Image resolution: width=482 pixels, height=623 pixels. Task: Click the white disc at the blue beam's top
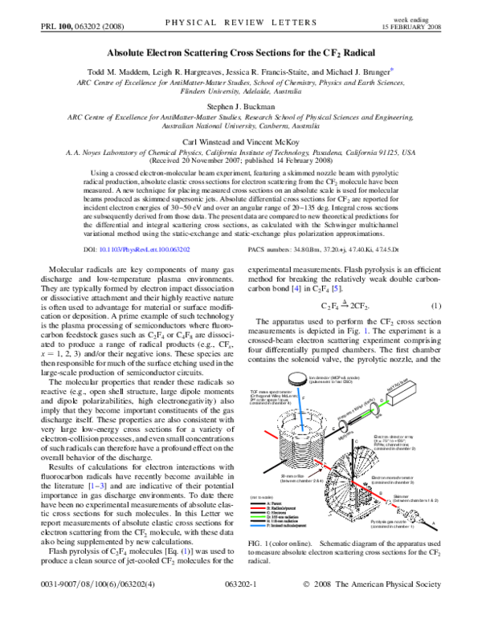[297, 377]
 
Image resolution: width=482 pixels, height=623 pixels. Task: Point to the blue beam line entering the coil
[300, 405]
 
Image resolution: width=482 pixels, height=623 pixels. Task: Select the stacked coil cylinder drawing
[302, 440]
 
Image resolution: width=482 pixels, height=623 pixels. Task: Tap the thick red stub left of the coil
[269, 434]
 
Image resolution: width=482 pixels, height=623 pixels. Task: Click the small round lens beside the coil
[343, 426]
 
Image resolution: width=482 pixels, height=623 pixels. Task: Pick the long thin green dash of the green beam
[366, 413]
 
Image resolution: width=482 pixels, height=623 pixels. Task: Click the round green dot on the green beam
[374, 409]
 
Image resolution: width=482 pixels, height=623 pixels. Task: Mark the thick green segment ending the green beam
[384, 403]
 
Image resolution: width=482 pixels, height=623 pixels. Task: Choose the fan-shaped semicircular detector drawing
[352, 485]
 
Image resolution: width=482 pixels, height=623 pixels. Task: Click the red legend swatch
[258, 507]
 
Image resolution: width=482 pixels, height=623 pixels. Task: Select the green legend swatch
[258, 516]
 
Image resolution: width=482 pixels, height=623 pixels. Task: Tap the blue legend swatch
[258, 526]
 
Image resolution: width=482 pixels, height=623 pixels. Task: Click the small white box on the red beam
[389, 503]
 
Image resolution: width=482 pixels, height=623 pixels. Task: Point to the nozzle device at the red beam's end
[411, 515]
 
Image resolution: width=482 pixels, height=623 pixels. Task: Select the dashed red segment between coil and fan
[316, 473]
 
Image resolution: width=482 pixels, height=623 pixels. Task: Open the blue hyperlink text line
[145, 250]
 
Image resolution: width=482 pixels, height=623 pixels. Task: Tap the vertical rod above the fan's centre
[352, 462]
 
